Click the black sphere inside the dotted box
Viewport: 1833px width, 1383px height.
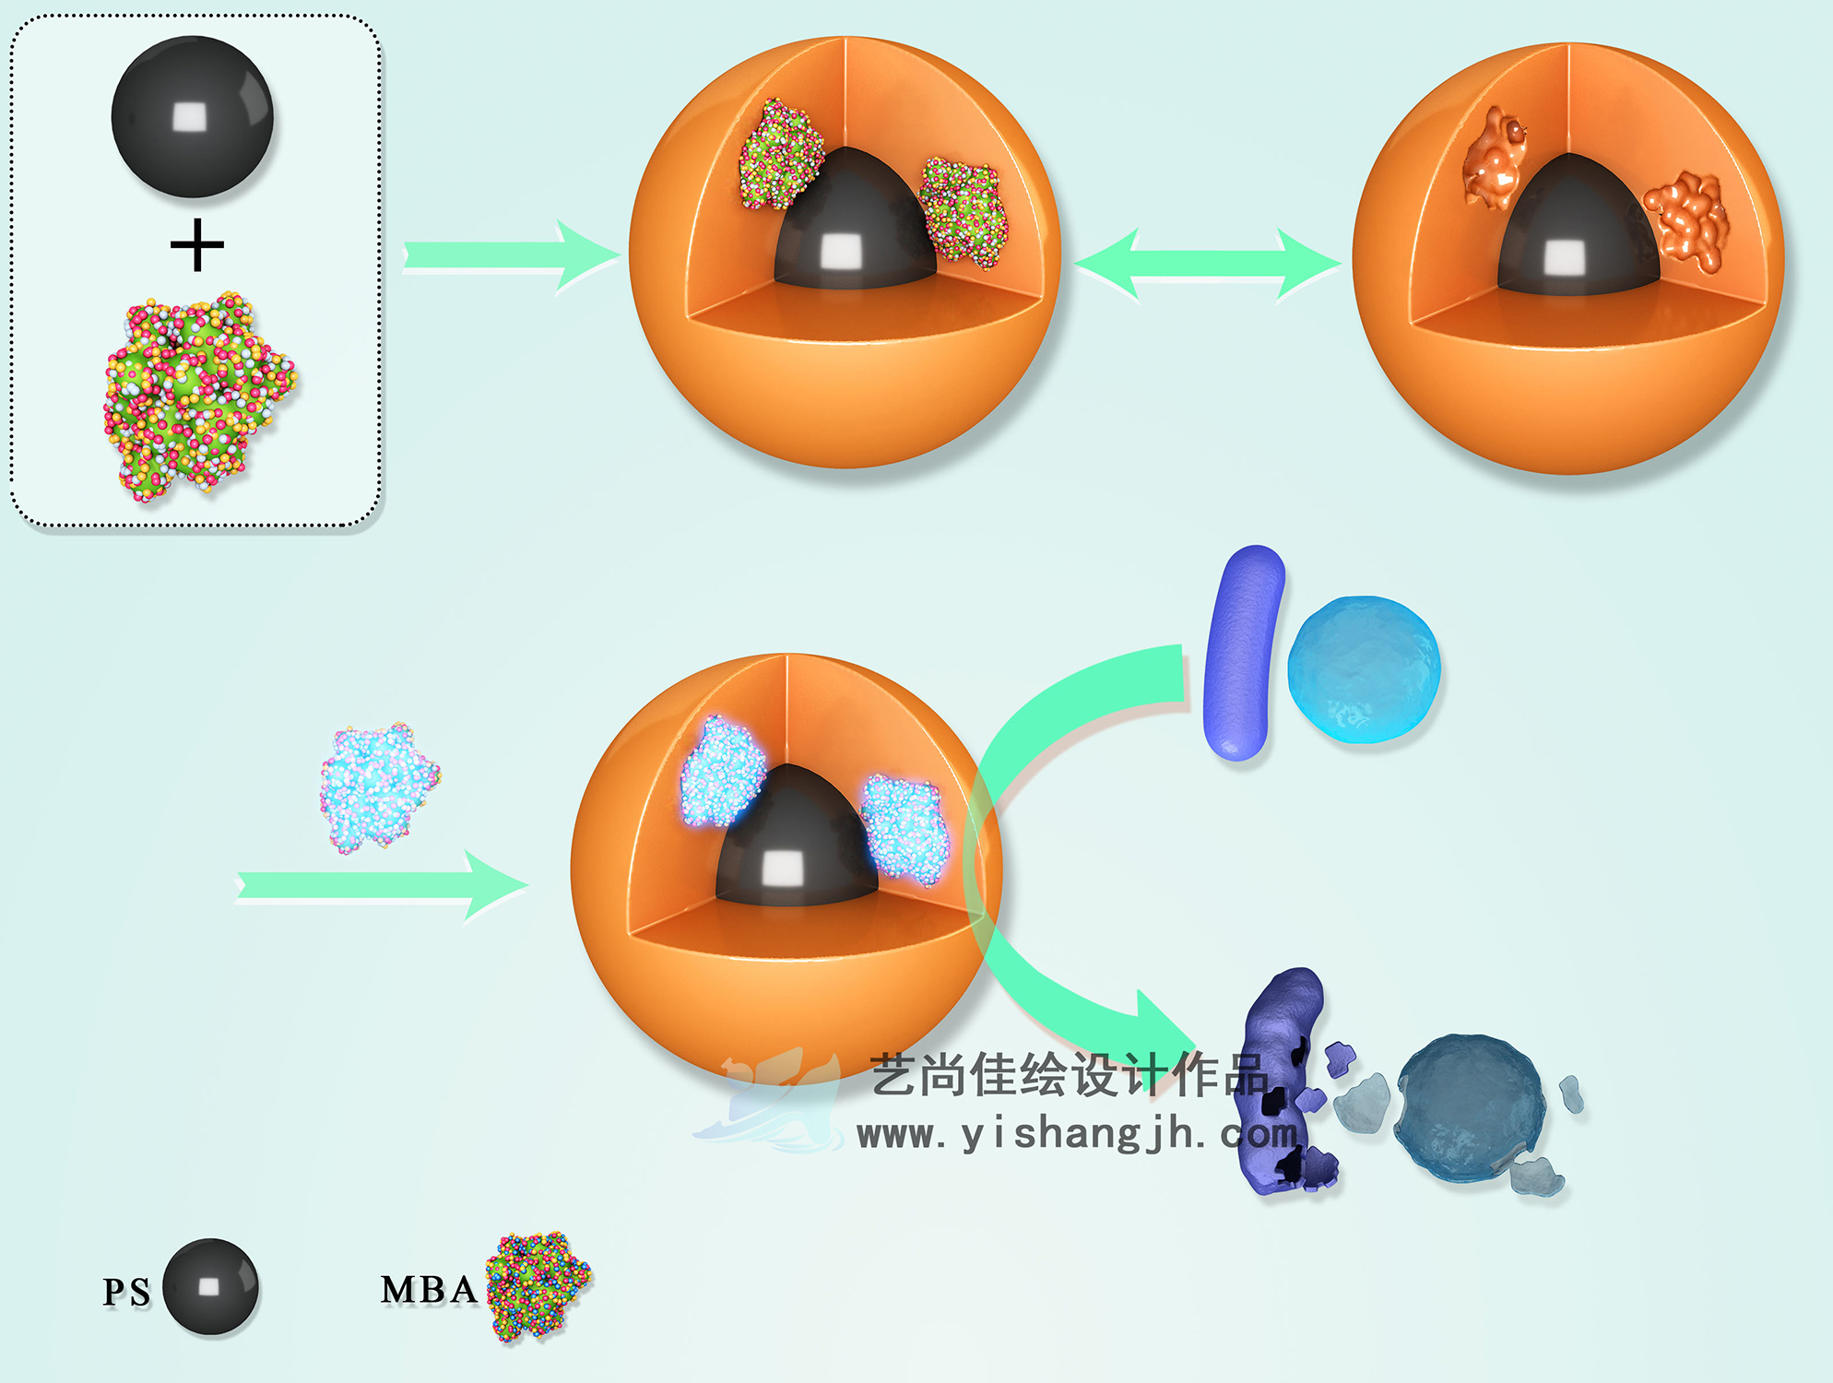coord(192,117)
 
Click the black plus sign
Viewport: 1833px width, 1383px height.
coord(197,246)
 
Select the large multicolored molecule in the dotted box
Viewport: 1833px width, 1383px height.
coord(197,396)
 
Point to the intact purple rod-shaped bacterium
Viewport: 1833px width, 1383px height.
coord(1243,653)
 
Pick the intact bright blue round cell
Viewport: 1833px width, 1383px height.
coord(1363,669)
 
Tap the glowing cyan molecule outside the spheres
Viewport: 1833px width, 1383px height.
coord(379,786)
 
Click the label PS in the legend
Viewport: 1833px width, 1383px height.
coord(126,1292)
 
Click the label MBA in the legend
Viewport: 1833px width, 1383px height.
coord(429,1290)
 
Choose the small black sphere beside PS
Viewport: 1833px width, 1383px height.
coord(210,1287)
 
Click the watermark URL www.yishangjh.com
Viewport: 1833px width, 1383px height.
coord(1074,1134)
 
